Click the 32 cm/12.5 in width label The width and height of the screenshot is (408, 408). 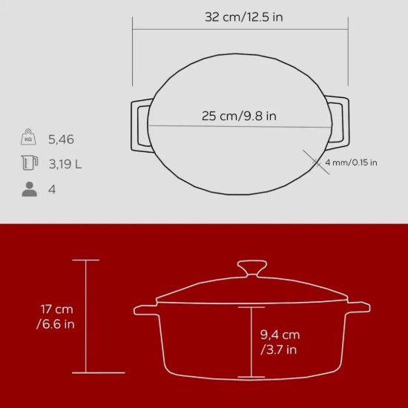point(243,17)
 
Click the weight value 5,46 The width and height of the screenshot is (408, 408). point(61,139)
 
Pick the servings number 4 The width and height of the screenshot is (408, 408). point(51,189)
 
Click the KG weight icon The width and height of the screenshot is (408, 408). point(29,138)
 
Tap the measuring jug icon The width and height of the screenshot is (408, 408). point(29,163)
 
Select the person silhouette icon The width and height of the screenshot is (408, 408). point(29,189)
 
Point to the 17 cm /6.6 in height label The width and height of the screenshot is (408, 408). point(50,316)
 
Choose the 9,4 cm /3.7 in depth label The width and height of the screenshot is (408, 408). point(280,340)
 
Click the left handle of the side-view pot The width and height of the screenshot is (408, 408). point(144,309)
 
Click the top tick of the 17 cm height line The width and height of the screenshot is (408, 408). point(87,260)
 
